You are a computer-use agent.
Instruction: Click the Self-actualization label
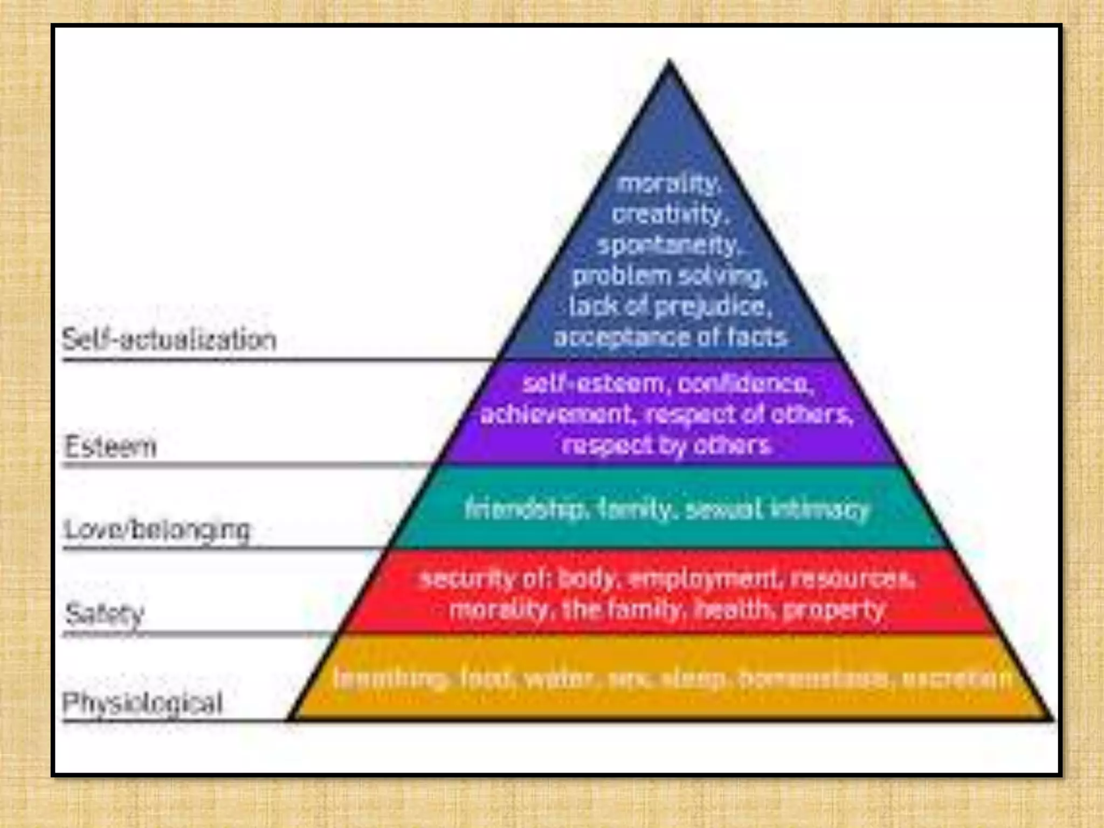(169, 340)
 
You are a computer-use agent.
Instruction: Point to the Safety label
(105, 614)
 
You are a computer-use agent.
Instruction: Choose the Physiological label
(142, 703)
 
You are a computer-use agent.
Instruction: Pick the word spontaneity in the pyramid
(669, 246)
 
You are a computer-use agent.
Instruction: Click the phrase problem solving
(670, 277)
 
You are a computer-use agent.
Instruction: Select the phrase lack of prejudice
(670, 307)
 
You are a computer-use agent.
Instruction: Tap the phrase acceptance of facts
(670, 337)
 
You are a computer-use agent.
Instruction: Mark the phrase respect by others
(667, 446)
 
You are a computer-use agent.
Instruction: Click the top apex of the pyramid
(670, 62)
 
